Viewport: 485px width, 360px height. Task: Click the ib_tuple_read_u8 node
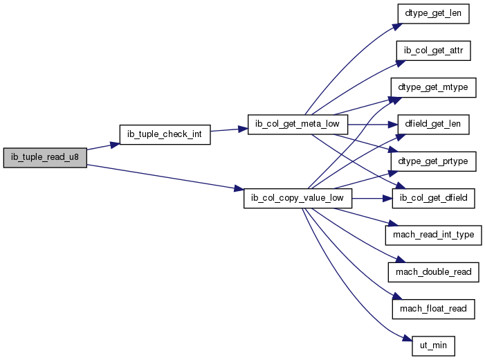click(45, 158)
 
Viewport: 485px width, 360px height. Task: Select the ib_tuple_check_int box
click(165, 134)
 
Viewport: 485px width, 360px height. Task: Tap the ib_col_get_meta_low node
click(298, 125)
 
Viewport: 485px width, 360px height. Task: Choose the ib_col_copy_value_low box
click(298, 198)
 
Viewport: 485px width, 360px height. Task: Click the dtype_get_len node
click(433, 14)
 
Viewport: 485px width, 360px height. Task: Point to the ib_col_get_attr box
click(433, 51)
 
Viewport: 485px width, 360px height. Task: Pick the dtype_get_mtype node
click(433, 88)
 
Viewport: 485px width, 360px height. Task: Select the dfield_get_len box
click(433, 125)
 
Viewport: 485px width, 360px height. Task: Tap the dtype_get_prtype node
click(433, 161)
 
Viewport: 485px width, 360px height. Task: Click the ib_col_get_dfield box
click(433, 198)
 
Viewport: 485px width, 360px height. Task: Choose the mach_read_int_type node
click(433, 235)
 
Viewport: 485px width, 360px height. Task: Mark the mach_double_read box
click(433, 272)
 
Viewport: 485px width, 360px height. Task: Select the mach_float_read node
click(433, 309)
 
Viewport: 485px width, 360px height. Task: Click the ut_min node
click(433, 345)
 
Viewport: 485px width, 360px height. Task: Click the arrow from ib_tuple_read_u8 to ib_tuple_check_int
click(103, 146)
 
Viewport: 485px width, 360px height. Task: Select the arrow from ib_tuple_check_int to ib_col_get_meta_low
click(229, 129)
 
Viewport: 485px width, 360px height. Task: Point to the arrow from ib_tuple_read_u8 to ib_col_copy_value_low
click(165, 177)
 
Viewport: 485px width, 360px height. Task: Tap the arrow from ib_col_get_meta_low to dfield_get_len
click(373, 125)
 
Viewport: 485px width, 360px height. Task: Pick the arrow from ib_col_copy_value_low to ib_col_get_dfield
click(372, 199)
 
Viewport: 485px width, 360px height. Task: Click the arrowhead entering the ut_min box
click(408, 339)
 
